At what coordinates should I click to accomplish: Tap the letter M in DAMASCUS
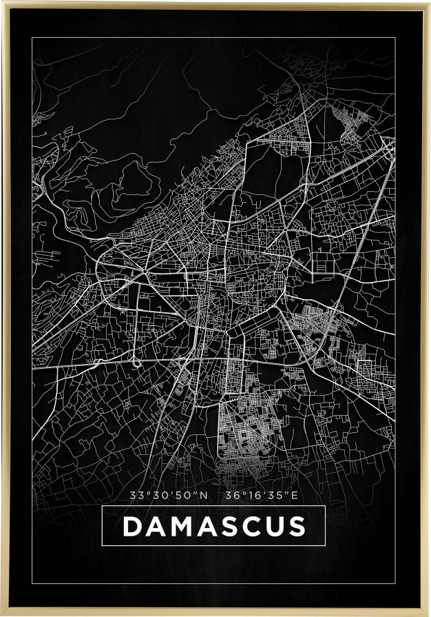click(181, 527)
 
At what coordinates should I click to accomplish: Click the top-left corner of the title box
click(102, 506)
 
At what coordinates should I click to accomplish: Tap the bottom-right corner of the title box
click(325, 546)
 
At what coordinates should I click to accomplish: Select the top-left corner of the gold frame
click(1, 1)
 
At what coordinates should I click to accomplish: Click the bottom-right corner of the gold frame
click(429, 615)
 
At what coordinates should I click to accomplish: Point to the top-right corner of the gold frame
click(429, 1)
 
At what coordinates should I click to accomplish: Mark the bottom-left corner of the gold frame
click(1, 615)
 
